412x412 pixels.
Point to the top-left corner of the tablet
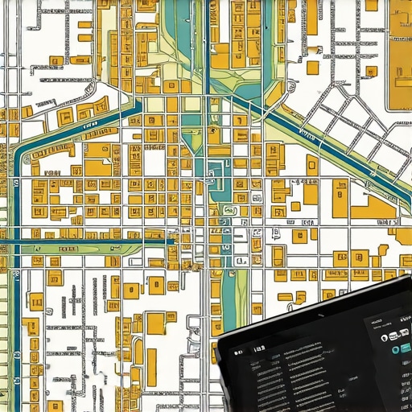[218, 341]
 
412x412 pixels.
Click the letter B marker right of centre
[276, 233]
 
